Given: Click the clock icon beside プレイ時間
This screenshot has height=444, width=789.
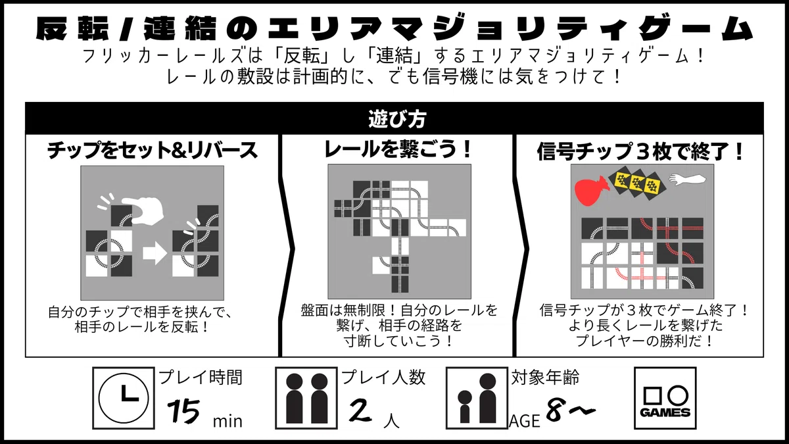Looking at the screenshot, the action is coord(124,398).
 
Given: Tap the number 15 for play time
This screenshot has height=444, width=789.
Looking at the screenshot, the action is coord(183,411).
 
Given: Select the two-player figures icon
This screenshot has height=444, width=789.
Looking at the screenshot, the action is coord(306,398).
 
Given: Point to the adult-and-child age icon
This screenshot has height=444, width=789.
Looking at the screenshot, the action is coord(477,398).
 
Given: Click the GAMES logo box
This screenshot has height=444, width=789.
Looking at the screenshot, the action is coord(665,398).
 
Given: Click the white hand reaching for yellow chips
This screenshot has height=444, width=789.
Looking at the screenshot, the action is coord(688,179).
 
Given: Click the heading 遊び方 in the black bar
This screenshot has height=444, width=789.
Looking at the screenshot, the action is coord(397,119).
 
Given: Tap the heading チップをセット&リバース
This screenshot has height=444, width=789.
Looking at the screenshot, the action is coord(152,151).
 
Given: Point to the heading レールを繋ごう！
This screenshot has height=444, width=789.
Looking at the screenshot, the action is coord(397,149).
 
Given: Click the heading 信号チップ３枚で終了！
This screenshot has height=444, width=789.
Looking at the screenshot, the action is coord(640,151).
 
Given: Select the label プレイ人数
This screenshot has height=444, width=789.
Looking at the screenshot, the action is coord(383,377).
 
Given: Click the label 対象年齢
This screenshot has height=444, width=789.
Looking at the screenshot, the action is coord(545,377).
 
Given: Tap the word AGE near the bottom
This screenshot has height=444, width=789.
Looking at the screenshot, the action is coord(525,421).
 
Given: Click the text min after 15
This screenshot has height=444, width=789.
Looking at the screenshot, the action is coord(227,422).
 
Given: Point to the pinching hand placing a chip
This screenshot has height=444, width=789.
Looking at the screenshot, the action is coord(143,210).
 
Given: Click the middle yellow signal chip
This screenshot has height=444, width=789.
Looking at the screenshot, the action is coord(637,183).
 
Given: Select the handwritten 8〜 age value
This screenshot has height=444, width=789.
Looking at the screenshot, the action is coord(571,409).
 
